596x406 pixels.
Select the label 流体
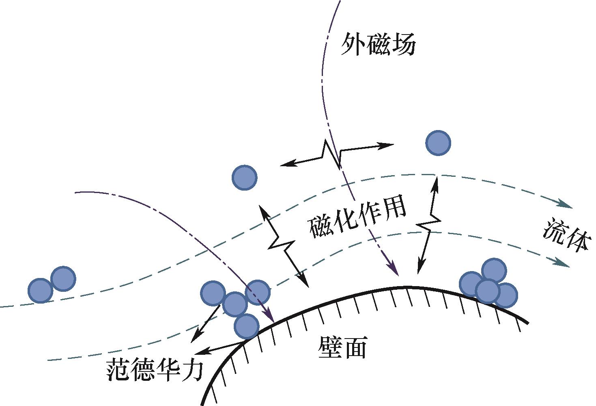tap(566, 235)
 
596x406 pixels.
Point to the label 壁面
tap(343, 347)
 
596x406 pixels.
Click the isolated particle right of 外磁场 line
tap(438, 143)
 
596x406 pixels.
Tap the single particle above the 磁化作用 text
tap(244, 178)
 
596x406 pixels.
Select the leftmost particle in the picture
tap(41, 291)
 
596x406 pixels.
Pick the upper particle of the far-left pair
tap(63, 279)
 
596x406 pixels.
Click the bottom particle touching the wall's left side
tap(246, 326)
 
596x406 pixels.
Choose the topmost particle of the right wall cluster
tap(494, 271)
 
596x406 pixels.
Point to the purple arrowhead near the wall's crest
tap(394, 269)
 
